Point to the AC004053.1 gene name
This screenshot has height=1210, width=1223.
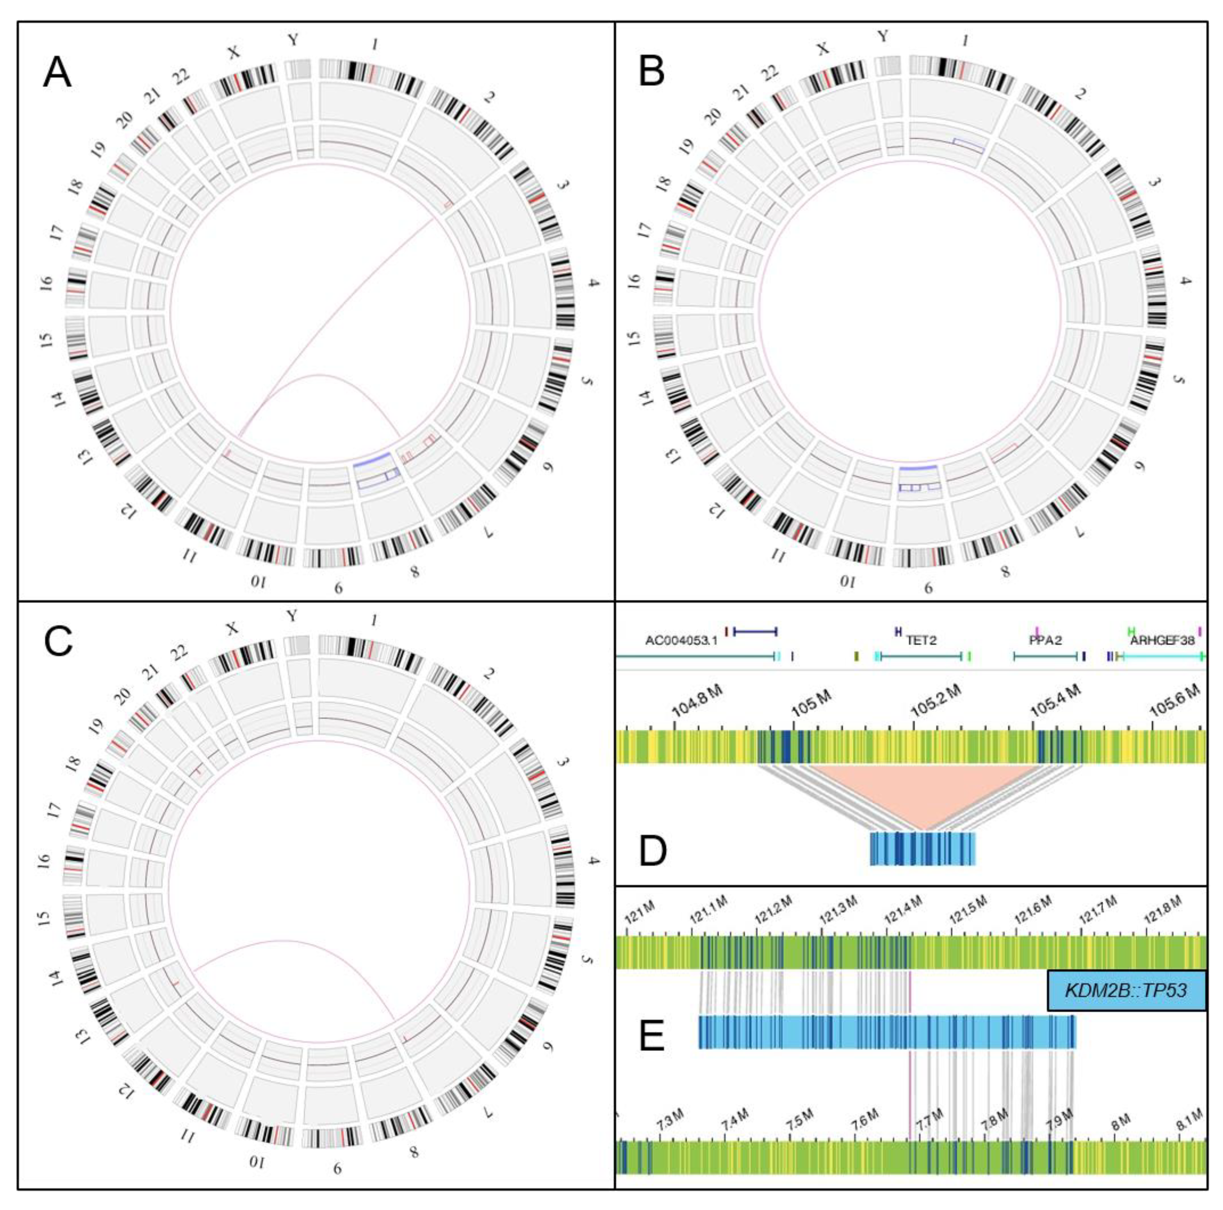click(682, 641)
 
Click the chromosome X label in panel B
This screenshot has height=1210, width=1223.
click(823, 49)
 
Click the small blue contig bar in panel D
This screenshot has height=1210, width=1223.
click(922, 848)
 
